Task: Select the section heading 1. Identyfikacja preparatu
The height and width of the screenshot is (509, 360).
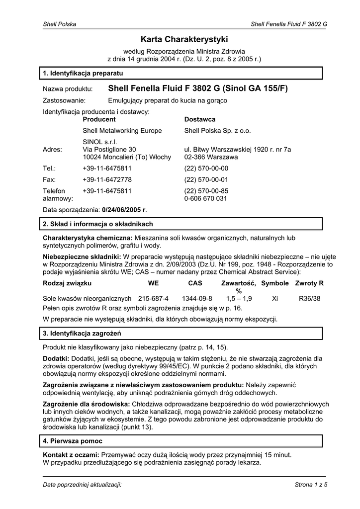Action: pyautogui.click(x=79, y=74)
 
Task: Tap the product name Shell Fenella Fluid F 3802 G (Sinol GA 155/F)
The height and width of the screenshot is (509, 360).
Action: pyautogui.click(x=198, y=89)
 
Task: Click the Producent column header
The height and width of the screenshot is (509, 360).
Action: pyautogui.click(x=99, y=120)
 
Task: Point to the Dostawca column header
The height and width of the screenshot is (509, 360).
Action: pyautogui.click(x=199, y=120)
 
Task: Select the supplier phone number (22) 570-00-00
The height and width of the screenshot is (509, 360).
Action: pyautogui.click(x=206, y=169)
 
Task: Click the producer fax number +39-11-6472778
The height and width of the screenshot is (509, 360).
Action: pyautogui.click(x=107, y=179)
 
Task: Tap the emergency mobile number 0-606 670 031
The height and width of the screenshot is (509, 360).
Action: pyautogui.click(x=205, y=198)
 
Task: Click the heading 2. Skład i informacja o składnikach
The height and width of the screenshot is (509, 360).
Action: pyautogui.click(x=98, y=224)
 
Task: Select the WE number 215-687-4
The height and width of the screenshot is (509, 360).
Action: pyautogui.click(x=153, y=299)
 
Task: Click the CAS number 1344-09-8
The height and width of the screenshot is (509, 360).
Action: pyautogui.click(x=197, y=299)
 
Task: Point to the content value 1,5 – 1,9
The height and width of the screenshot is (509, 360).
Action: pyautogui.click(x=239, y=299)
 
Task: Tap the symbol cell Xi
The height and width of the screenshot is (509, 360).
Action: pyautogui.click(x=274, y=299)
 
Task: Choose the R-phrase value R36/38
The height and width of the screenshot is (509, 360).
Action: pyautogui.click(x=309, y=299)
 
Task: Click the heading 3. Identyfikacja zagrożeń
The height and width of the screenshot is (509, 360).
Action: pyautogui.click(x=82, y=333)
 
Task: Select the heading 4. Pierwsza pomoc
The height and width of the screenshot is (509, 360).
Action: pyautogui.click(x=73, y=441)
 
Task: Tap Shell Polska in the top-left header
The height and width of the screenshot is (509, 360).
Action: pyautogui.click(x=56, y=24)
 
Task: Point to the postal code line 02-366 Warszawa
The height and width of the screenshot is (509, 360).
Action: pyautogui.click(x=211, y=157)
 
